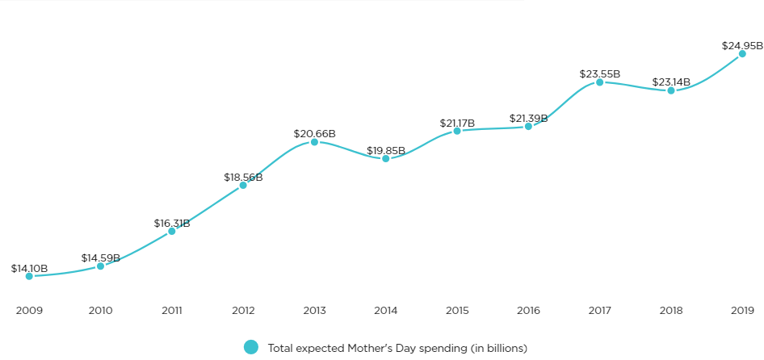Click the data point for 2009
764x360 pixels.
click(x=29, y=276)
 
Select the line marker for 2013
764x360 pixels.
click(x=314, y=142)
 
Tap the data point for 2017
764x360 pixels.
click(x=599, y=82)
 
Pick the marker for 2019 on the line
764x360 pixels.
click(x=742, y=54)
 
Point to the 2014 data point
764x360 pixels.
click(x=385, y=159)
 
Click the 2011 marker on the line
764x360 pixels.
click(x=171, y=232)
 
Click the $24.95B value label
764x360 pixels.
click(x=742, y=45)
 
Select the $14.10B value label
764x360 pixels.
click(x=30, y=268)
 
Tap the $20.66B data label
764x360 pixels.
click(x=314, y=133)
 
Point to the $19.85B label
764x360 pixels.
click(x=386, y=150)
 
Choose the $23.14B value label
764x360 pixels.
click(x=671, y=82)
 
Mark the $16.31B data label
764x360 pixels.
click(x=172, y=223)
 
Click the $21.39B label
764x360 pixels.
click(x=528, y=118)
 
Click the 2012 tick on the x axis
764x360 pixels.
click(x=243, y=310)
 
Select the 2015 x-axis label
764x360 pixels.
click(x=457, y=310)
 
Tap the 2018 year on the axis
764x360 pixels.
click(x=671, y=310)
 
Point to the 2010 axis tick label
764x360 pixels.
click(x=100, y=310)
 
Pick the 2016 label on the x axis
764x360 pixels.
click(x=528, y=310)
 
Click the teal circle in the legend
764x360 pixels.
click(x=251, y=347)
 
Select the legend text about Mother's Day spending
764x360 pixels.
click(x=397, y=348)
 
